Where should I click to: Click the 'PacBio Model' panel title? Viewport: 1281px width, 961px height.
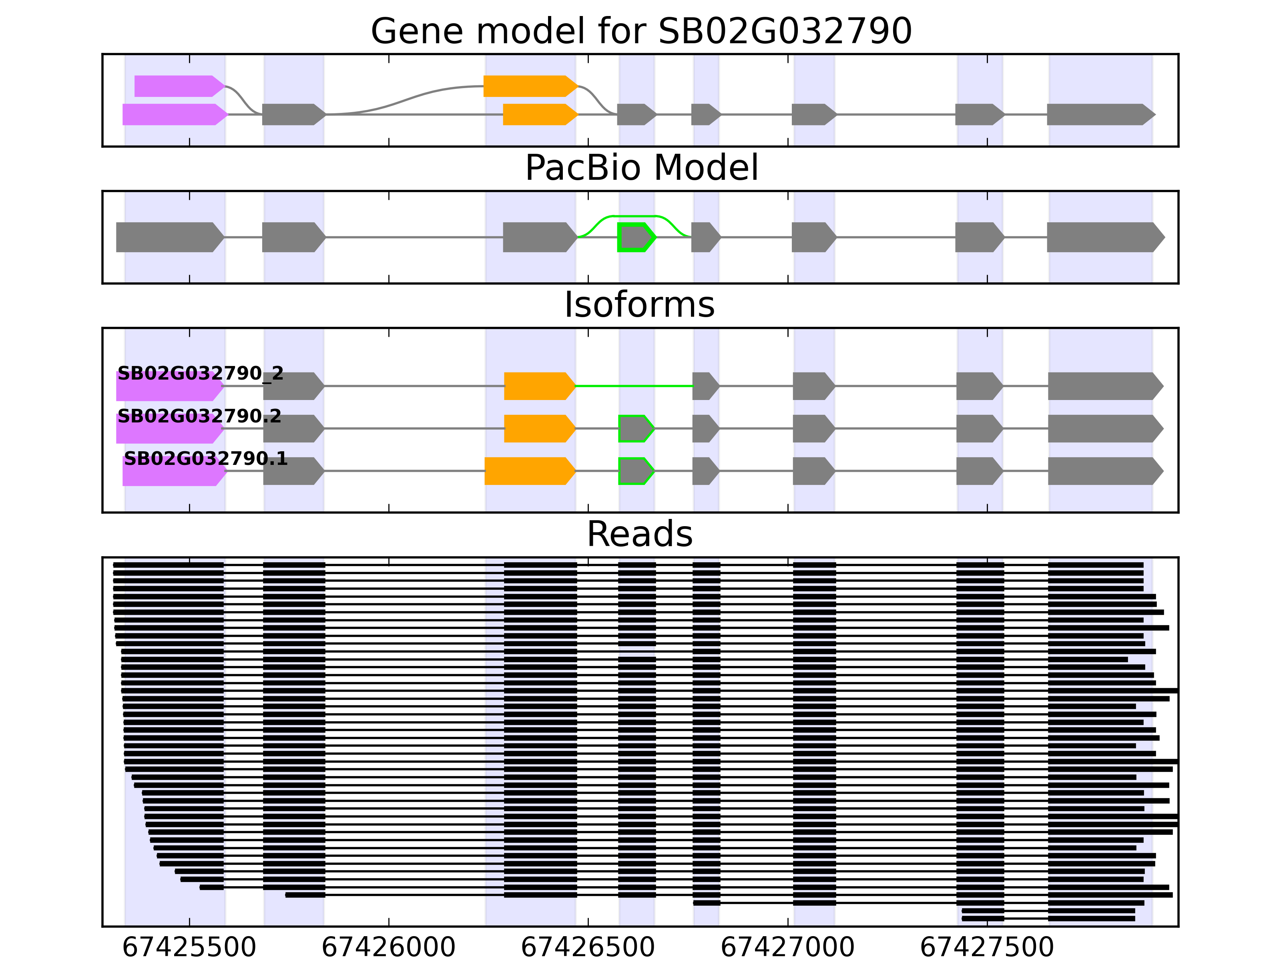641,168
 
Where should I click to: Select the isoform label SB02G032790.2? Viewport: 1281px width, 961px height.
199,416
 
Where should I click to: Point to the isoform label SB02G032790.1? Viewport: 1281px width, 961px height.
206,459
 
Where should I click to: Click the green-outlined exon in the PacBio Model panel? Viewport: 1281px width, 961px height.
636,237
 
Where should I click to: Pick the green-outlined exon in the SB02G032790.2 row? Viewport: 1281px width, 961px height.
636,429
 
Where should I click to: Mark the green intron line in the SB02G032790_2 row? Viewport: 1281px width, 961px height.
634,386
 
